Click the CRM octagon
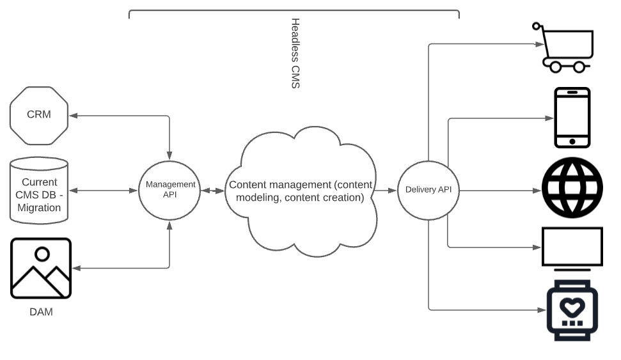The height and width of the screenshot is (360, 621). click(x=39, y=115)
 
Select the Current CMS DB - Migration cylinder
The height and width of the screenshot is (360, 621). click(x=39, y=190)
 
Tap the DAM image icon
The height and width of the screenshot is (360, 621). click(x=41, y=269)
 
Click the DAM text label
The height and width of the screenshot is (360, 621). click(x=41, y=313)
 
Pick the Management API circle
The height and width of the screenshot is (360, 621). click(x=169, y=190)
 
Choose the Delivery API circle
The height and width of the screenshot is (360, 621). click(x=428, y=190)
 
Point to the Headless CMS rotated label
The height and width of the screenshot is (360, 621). click(x=295, y=53)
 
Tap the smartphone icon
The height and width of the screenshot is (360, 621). click(x=572, y=118)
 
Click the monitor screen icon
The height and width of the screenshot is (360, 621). click(x=572, y=247)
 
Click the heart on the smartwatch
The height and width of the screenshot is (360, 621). click(x=572, y=306)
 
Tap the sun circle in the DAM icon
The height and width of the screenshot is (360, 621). click(x=42, y=254)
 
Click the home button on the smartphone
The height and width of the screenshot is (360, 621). click(x=572, y=141)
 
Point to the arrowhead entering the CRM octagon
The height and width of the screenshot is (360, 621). click(x=72, y=116)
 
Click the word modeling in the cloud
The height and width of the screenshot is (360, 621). click(x=257, y=198)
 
